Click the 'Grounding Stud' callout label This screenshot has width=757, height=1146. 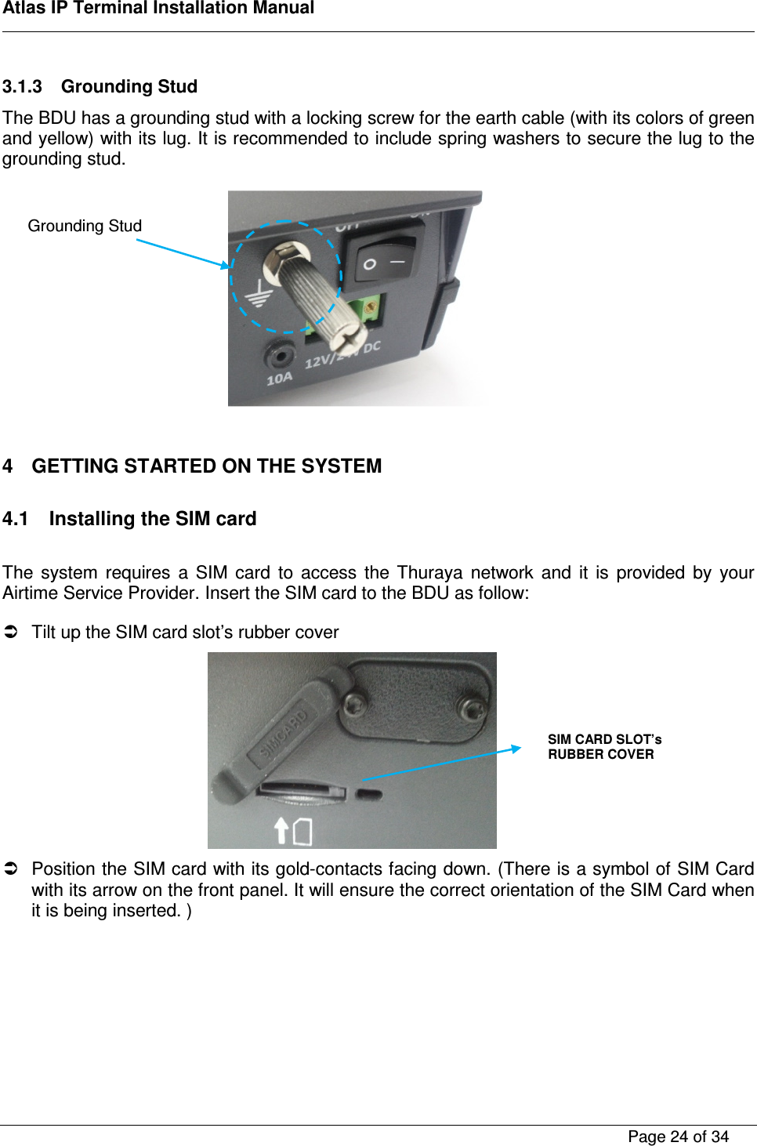pyautogui.click(x=85, y=226)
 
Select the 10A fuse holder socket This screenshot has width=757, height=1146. pyautogui.click(x=278, y=356)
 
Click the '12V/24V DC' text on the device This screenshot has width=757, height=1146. pyautogui.click(x=342, y=355)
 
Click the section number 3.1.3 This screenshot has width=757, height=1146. pyautogui.click(x=22, y=86)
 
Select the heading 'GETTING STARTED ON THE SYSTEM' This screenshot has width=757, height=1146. pyautogui.click(x=206, y=466)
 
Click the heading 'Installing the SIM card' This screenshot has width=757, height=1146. pyautogui.click(x=153, y=519)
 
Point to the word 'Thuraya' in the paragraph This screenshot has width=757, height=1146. pyautogui.click(x=429, y=572)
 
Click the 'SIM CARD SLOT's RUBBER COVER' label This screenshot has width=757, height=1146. pyautogui.click(x=604, y=747)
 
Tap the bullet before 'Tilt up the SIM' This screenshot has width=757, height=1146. pyautogui.click(x=11, y=632)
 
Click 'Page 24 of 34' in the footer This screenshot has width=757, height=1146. pyautogui.click(x=678, y=1137)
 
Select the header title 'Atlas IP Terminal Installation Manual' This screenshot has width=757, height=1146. pyautogui.click(x=158, y=9)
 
